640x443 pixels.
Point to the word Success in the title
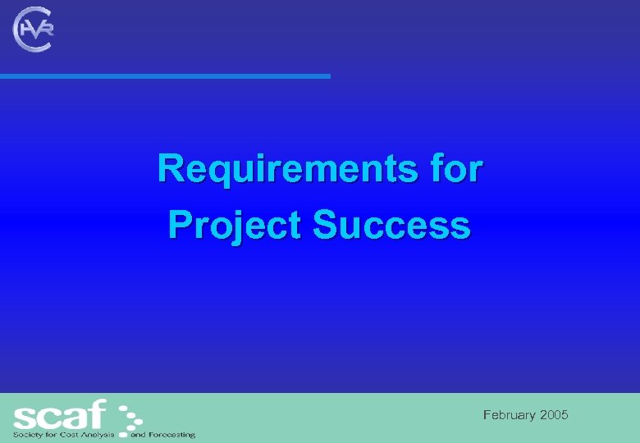392,224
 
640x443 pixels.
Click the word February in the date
510,416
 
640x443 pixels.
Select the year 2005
554,416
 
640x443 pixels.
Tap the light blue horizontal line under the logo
164,76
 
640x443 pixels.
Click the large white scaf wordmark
59,413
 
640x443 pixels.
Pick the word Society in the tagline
26,434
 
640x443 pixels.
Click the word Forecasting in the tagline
171,434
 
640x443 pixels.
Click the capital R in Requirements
171,170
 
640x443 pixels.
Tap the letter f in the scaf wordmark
98,413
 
